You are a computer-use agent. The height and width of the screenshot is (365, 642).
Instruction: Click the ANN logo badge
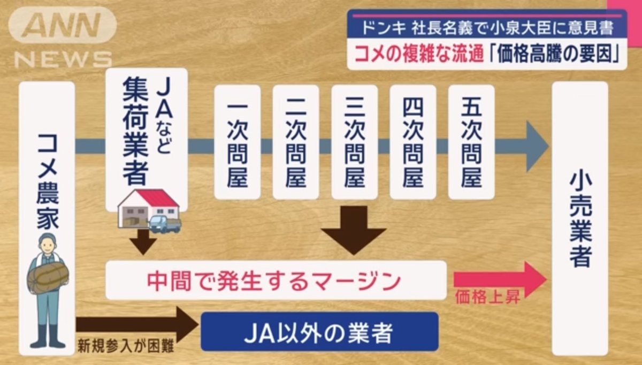click(63, 25)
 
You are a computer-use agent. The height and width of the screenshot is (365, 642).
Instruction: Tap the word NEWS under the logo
click(63, 59)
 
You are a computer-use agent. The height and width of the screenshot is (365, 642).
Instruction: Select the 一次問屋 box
click(238, 142)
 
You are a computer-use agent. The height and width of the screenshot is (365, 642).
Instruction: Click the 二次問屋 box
click(296, 142)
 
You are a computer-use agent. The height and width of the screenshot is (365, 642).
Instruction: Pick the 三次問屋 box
click(355, 142)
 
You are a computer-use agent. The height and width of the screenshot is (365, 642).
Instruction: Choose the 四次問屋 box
click(413, 142)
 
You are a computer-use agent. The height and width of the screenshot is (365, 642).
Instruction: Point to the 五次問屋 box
click(471, 142)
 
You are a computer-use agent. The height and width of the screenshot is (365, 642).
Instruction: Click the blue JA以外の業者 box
click(320, 332)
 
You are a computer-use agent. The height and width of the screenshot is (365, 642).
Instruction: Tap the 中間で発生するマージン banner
click(276, 280)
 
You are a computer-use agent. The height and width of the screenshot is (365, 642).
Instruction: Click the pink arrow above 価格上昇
click(500, 279)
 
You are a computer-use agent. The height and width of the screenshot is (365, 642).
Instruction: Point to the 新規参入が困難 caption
click(126, 346)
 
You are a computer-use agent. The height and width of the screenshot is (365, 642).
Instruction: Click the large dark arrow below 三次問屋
click(354, 230)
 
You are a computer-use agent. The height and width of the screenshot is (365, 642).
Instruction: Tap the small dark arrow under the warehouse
click(143, 242)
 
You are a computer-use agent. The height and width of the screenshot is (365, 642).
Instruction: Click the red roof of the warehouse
click(156, 198)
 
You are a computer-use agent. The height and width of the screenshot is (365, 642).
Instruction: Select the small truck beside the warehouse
click(165, 224)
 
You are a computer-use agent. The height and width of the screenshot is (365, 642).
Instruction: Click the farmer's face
click(48, 246)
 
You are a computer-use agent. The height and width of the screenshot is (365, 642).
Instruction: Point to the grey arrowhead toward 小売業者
click(536, 146)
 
